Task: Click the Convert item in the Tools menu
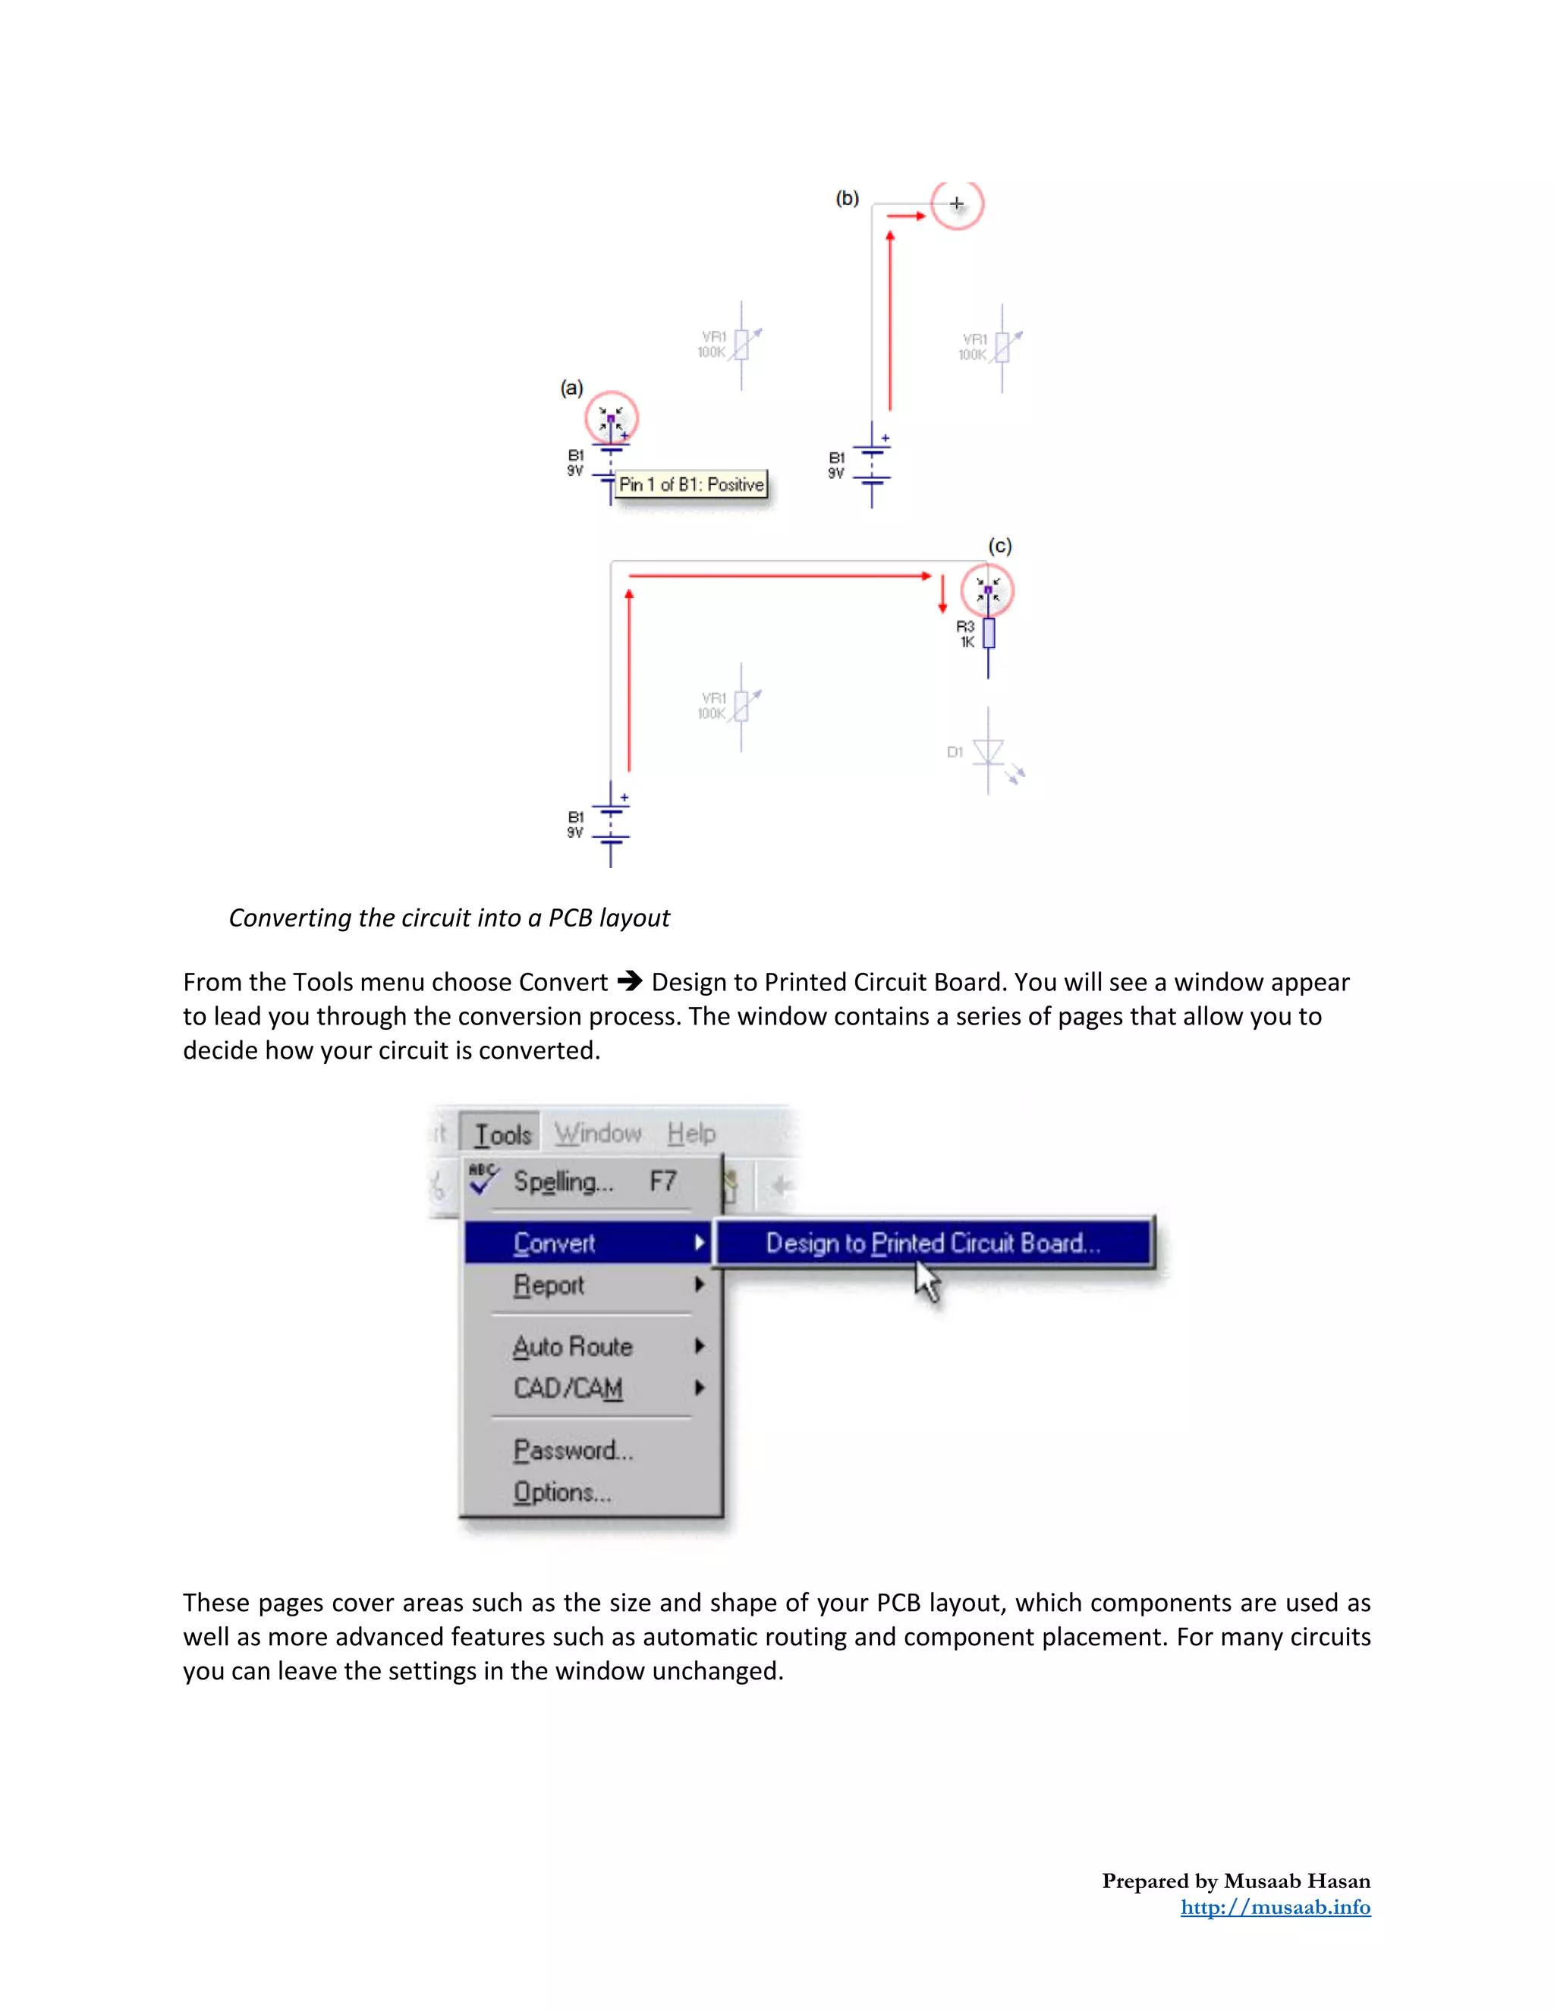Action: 554,1243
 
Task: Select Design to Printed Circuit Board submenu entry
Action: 933,1243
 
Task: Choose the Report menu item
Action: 549,1285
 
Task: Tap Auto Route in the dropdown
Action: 573,1346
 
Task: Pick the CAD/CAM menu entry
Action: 568,1388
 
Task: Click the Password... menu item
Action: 573,1450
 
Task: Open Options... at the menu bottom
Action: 562,1492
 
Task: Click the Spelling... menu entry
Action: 562,1182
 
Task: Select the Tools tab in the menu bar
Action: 502,1135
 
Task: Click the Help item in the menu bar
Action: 690,1134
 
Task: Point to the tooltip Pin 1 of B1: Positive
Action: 691,484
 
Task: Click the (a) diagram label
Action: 571,388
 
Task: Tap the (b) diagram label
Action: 847,198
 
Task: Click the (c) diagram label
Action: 1000,546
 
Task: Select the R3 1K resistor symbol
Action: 989,634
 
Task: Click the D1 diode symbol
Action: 989,752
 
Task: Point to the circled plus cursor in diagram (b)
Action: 957,203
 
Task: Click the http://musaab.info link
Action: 1275,1907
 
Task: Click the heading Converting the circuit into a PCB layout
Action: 449,918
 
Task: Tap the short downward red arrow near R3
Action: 942,595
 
